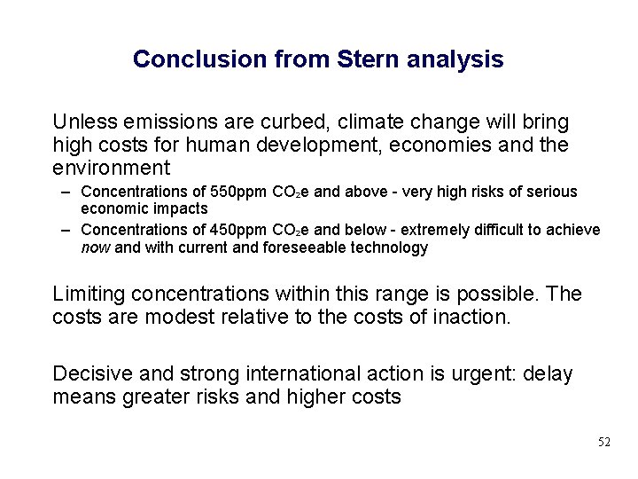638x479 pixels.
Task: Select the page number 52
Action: [x=603, y=442]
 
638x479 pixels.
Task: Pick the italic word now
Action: [x=96, y=248]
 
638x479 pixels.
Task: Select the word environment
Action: [x=112, y=167]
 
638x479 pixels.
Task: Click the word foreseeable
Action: [x=304, y=248]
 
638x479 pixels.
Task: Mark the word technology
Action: [x=387, y=248]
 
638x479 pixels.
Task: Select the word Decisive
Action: [x=90, y=373]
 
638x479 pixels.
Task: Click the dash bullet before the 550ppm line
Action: [x=67, y=192]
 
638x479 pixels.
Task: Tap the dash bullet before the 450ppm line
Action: [x=67, y=231]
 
